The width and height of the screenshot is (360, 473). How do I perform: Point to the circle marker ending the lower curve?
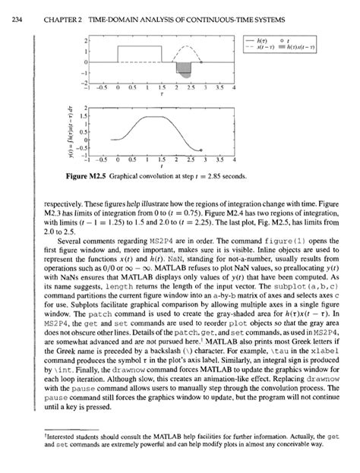[200, 150]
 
